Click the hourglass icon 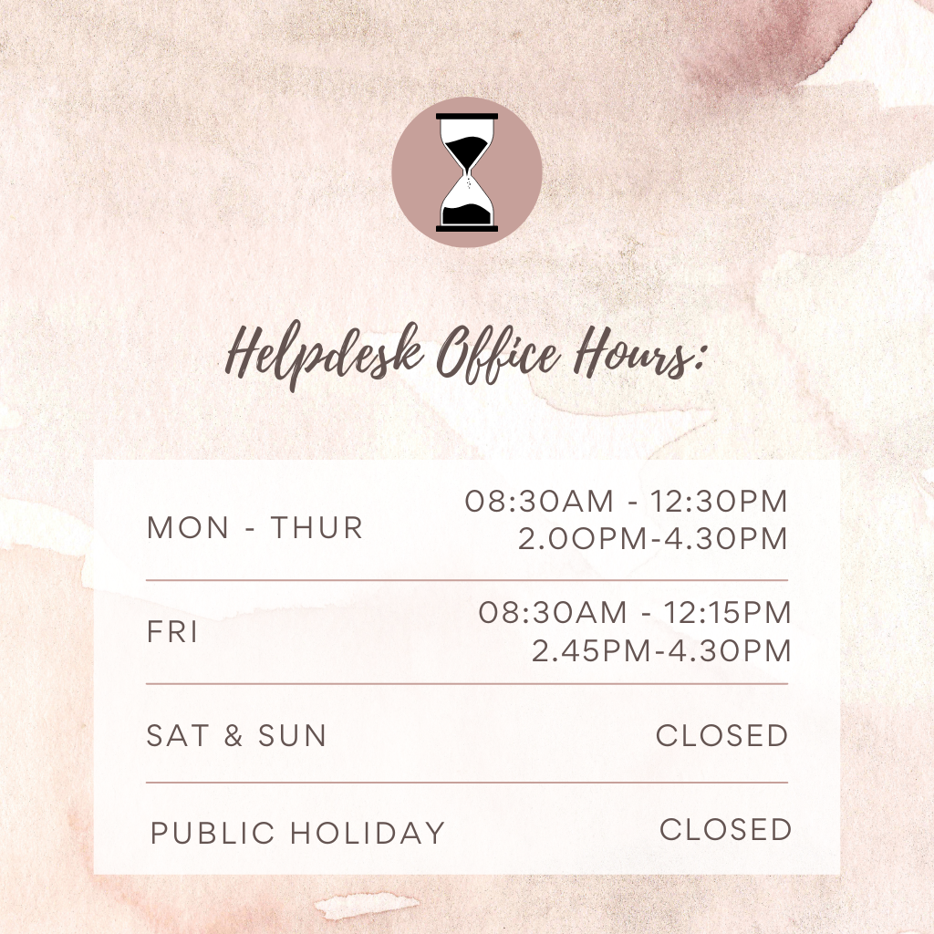point(467,172)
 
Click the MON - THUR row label point(255,528)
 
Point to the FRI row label point(172,632)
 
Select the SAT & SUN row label point(236,736)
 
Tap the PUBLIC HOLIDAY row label point(298,833)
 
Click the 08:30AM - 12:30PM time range point(627,501)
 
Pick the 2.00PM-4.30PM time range point(653,538)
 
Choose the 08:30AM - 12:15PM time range point(635,612)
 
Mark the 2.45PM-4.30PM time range point(661,650)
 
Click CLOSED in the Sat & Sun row point(722,736)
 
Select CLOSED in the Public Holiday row point(725,829)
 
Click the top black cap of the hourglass point(467,116)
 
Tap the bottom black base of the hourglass point(467,229)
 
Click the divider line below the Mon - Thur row point(467,579)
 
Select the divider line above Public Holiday point(467,782)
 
